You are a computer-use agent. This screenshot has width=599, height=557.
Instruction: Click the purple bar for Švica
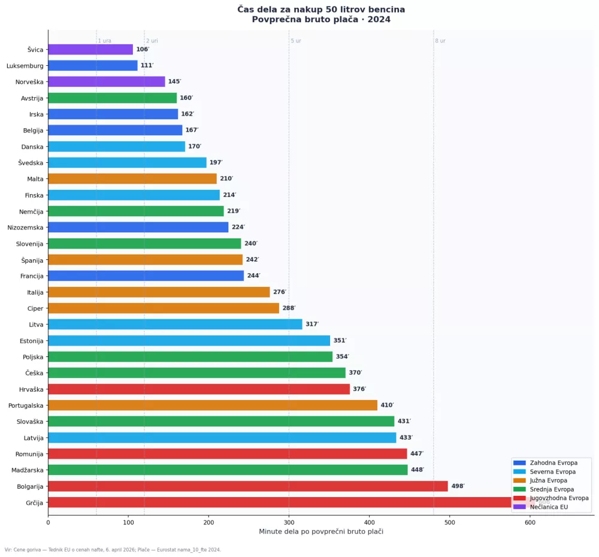point(90,50)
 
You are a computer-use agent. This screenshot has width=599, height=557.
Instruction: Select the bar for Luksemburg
point(93,66)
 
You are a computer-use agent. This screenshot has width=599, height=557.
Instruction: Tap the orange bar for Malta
point(132,178)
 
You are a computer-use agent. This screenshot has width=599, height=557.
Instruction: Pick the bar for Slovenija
point(144,243)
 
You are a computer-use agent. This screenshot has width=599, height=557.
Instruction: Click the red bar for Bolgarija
point(248,486)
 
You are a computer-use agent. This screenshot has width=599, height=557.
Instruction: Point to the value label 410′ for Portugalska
point(387,405)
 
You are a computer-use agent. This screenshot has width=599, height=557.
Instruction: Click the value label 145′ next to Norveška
point(174,82)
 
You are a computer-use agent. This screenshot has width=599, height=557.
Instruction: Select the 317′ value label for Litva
point(312,325)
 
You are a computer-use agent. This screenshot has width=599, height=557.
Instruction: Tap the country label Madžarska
point(28,470)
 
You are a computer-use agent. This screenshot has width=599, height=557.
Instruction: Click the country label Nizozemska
point(25,228)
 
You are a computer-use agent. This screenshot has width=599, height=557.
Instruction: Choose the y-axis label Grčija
point(34,502)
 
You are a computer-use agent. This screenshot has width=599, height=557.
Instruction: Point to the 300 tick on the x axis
point(289,522)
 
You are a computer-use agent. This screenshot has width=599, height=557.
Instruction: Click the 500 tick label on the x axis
point(449,522)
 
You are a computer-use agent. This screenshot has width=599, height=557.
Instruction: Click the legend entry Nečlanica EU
point(549,507)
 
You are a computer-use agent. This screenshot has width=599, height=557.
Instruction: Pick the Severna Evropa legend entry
point(552,472)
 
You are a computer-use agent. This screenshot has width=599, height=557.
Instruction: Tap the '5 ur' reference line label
point(296,41)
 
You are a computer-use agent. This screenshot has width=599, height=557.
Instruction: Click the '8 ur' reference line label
point(440,41)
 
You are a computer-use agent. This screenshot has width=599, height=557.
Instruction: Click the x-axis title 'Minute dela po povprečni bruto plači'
point(321,532)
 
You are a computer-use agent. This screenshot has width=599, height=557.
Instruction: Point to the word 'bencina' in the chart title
point(382,10)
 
